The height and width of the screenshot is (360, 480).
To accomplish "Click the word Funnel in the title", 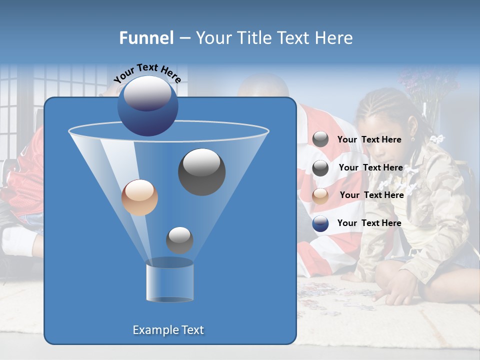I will [146, 38].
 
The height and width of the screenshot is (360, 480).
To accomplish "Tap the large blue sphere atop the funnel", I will [147, 106].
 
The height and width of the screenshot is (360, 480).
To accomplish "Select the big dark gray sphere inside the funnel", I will [201, 172].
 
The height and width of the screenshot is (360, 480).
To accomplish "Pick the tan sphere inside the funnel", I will [139, 197].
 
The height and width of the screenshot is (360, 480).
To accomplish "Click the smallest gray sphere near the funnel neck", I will [179, 240].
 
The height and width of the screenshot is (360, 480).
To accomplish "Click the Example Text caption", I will [168, 330].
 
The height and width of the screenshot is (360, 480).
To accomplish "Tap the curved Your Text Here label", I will [147, 73].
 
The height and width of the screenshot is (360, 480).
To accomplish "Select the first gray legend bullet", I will [320, 139].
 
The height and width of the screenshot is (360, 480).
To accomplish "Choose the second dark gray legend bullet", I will [320, 168].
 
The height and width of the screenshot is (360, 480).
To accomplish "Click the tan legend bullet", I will [320, 195].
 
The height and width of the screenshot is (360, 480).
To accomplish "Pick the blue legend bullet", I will [320, 223].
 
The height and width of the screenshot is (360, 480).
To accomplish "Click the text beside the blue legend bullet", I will [369, 223].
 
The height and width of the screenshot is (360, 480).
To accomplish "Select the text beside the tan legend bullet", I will [371, 195].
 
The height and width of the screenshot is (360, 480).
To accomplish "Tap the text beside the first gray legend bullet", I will [369, 139].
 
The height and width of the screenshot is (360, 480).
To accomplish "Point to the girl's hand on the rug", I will [395, 292].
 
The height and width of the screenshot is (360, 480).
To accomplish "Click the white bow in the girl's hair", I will [437, 139].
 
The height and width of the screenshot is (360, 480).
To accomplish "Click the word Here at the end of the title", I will [334, 38].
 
